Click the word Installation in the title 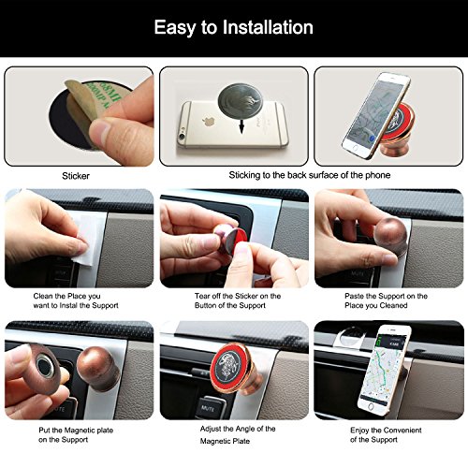pos(268,27)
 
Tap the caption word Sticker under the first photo pos(76,176)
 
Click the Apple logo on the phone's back pos(205,122)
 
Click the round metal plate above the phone pos(240,100)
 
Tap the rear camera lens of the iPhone pos(182,137)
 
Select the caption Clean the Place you pos(66,296)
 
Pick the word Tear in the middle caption pos(202,296)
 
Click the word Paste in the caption pos(354,296)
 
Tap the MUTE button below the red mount pos(209,407)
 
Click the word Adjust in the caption pos(211,429)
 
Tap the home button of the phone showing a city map pos(371,407)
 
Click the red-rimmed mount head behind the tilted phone pos(401,120)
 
